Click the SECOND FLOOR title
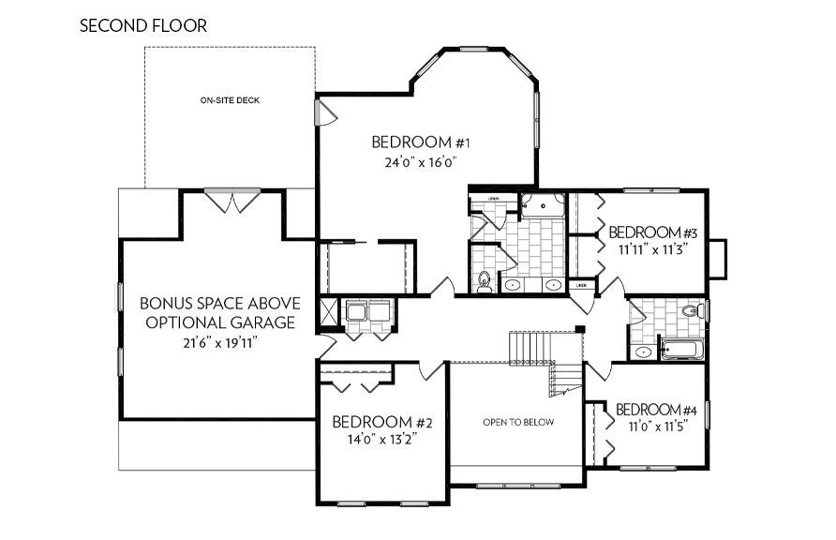pyautogui.click(x=142, y=25)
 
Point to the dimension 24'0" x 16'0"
pyautogui.click(x=420, y=161)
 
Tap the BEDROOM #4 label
pyautogui.click(x=656, y=411)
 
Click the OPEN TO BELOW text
pyautogui.click(x=518, y=422)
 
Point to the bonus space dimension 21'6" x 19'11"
pyautogui.click(x=219, y=342)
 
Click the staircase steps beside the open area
pyautogui.click(x=530, y=347)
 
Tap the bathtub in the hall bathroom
pyautogui.click(x=681, y=351)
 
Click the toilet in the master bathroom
pyautogui.click(x=485, y=280)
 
